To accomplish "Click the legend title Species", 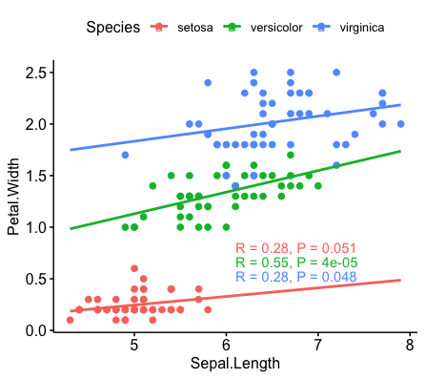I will pos(113,27).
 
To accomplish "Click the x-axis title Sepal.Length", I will pos(234,365).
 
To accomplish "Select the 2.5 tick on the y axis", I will pos(38,73).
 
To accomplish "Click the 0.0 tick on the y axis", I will pos(38,330).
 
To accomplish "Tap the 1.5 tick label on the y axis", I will pos(38,176).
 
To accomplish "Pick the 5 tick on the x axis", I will pos(134,345).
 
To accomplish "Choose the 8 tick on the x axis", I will pos(410,345).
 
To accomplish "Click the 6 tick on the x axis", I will pos(226,345).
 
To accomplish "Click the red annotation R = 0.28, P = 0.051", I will pos(296,248).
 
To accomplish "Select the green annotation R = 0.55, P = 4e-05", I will pos(296,263).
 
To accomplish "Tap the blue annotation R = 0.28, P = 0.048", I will pos(296,277).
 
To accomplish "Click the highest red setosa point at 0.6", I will pos(134,269).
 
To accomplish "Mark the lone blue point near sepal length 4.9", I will pos(125,155).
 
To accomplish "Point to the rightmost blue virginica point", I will pos(401,124).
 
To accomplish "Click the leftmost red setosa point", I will pos(71,320).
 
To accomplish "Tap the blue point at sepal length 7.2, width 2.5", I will pos(336,73).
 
